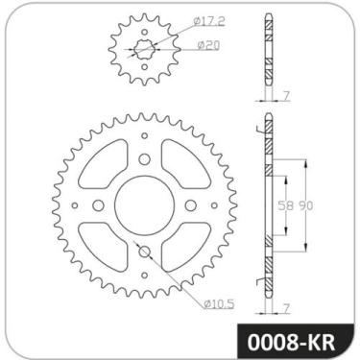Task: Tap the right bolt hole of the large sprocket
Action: coord(188,204)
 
